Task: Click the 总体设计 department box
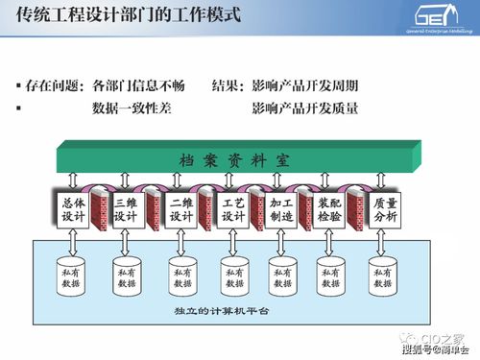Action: pyautogui.click(x=73, y=210)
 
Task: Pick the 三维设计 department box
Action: pyautogui.click(x=126, y=210)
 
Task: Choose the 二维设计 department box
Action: pyautogui.click(x=180, y=210)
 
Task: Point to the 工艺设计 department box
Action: pyautogui.click(x=233, y=210)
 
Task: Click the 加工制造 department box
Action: pyautogui.click(x=283, y=210)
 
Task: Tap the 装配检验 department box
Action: pyautogui.click(x=331, y=210)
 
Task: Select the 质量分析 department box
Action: pyautogui.click(x=385, y=210)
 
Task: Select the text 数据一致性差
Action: pyautogui.click(x=132, y=108)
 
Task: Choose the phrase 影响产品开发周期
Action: pyautogui.click(x=304, y=85)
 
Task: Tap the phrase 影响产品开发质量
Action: pyautogui.click(x=304, y=108)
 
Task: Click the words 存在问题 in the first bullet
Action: pyautogui.click(x=54, y=85)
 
